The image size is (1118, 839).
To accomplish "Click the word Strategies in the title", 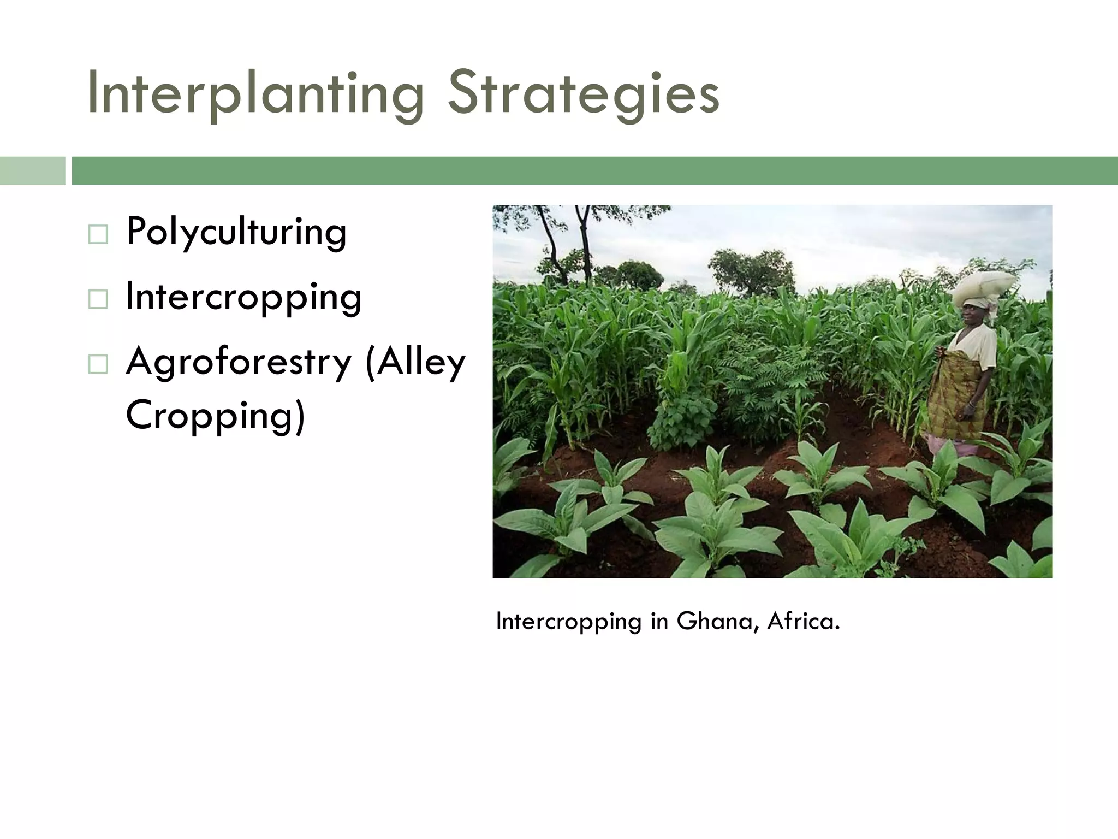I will click(x=583, y=94).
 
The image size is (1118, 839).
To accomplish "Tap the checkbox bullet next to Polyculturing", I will click(x=98, y=235).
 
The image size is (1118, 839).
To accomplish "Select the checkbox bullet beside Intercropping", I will click(x=98, y=299).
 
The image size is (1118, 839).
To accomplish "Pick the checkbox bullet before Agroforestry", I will click(x=98, y=364).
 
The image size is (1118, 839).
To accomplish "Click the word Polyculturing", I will click(x=236, y=233).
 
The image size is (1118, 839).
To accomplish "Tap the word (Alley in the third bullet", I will click(x=415, y=362).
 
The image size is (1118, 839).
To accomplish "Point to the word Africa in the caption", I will click(x=802, y=621).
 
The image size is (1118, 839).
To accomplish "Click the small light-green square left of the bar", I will click(x=32, y=170).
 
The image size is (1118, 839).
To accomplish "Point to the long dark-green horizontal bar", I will click(x=594, y=170).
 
